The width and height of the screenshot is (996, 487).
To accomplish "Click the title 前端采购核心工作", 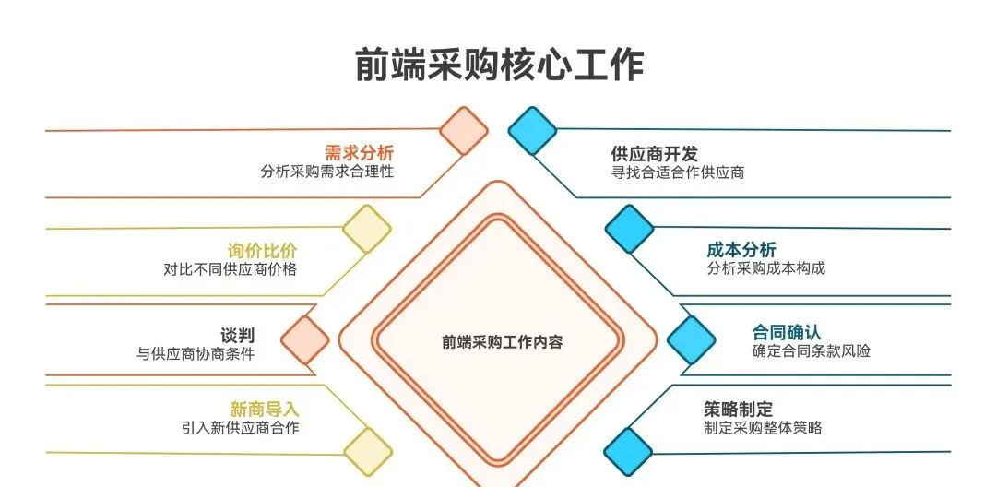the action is tap(499, 65).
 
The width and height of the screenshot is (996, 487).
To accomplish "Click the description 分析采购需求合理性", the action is tap(327, 172).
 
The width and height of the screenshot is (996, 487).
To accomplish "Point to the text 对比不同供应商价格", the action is tap(230, 270).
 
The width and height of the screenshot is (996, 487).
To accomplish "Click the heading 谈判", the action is tap(237, 335).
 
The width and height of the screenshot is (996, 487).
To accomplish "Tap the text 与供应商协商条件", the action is tap(196, 353).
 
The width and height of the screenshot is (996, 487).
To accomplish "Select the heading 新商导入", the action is tap(264, 409).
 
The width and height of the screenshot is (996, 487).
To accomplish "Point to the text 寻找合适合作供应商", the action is tap(678, 172).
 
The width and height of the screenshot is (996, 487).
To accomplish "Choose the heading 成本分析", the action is tap(741, 250).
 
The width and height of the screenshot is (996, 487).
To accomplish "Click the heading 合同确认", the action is tap(787, 332).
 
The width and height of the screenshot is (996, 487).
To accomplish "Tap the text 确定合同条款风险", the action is tap(812, 351).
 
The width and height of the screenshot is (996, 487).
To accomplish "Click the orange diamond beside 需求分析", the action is tap(463, 131).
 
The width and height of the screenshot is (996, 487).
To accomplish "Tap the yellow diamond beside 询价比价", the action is tap(367, 229).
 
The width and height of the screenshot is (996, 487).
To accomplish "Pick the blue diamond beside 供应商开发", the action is tap(532, 130).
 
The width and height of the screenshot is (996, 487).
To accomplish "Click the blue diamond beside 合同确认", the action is tap(692, 339).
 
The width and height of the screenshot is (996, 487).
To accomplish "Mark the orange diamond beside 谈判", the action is tap(305, 339).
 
